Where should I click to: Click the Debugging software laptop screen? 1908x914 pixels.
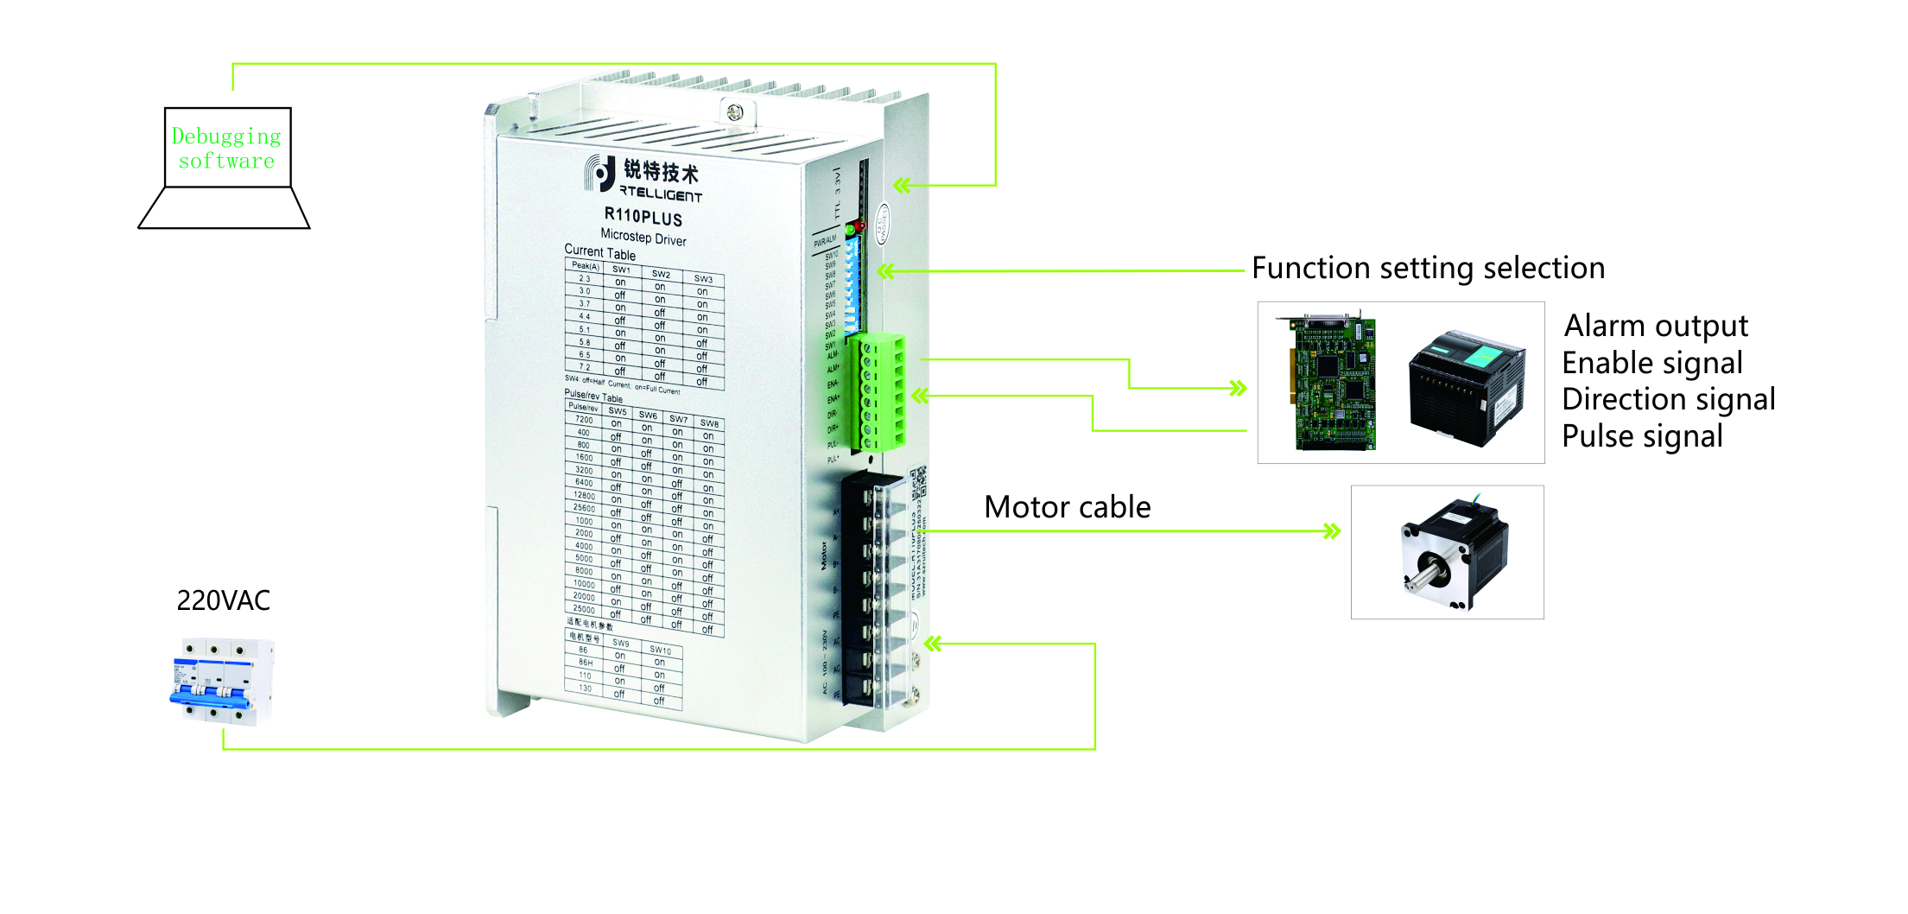pos(227,147)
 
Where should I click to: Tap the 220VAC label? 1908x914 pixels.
pos(223,600)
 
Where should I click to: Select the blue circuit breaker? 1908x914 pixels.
pos(220,682)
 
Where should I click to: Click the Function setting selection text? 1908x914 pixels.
pos(1428,269)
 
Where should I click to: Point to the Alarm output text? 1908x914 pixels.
pos(1656,327)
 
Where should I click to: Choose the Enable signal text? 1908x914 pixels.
pos(1651,364)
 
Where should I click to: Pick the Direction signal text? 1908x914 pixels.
pos(1668,400)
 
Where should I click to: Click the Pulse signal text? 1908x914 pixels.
pos(1642,437)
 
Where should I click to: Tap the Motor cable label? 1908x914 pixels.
pos(1067,507)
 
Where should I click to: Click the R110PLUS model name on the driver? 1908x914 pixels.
pos(643,216)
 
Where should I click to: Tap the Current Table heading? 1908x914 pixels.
pos(599,252)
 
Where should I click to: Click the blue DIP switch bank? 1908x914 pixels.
pos(853,285)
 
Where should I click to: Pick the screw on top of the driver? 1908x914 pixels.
pos(735,112)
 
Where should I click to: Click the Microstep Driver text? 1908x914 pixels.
pos(643,237)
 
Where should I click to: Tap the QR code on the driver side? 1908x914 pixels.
pos(918,483)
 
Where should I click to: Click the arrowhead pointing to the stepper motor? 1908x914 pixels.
pos(1332,530)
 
